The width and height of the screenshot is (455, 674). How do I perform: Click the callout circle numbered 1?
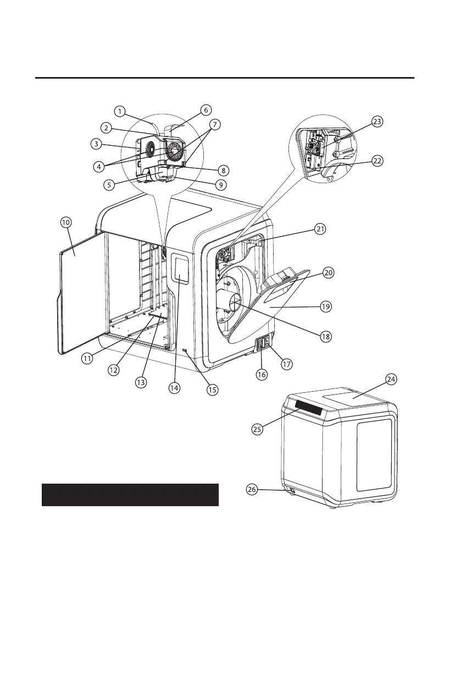pos(120,111)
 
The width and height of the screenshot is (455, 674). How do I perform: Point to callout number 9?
pos(220,185)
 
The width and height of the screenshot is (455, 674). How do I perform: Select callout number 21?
pos(320,229)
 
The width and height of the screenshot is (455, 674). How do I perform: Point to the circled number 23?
pos(377,122)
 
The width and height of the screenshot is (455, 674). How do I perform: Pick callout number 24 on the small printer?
pos(392,379)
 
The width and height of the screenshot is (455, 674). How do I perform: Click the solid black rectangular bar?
pos(130,495)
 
